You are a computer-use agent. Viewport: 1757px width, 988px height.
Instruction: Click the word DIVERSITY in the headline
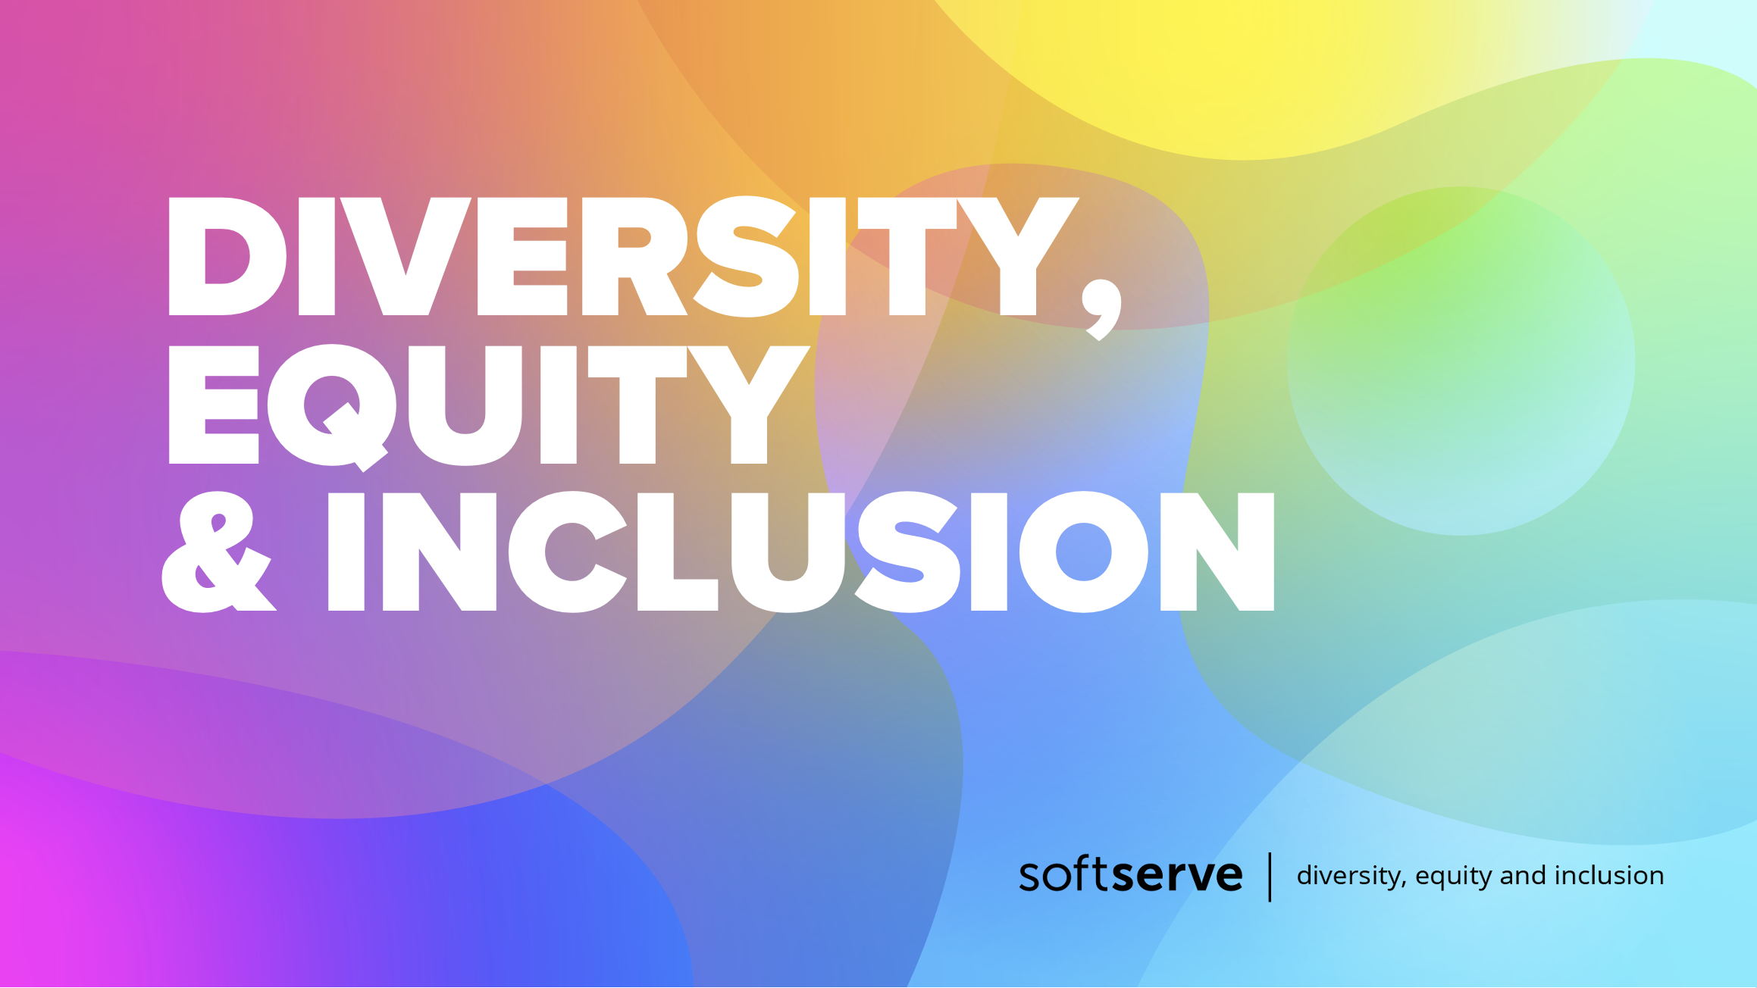pos(622,256)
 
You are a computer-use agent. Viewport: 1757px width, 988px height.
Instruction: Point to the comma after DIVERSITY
pos(1101,309)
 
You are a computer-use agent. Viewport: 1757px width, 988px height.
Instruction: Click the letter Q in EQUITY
pos(331,406)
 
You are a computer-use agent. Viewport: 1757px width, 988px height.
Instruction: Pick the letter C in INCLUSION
pos(567,552)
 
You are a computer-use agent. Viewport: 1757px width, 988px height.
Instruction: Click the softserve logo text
pos(1131,874)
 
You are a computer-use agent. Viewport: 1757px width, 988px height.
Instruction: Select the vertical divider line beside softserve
pos(1270,877)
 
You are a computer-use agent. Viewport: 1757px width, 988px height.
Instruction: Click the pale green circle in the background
pos(1461,361)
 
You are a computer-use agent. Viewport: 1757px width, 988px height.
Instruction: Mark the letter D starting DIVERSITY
pos(227,256)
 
